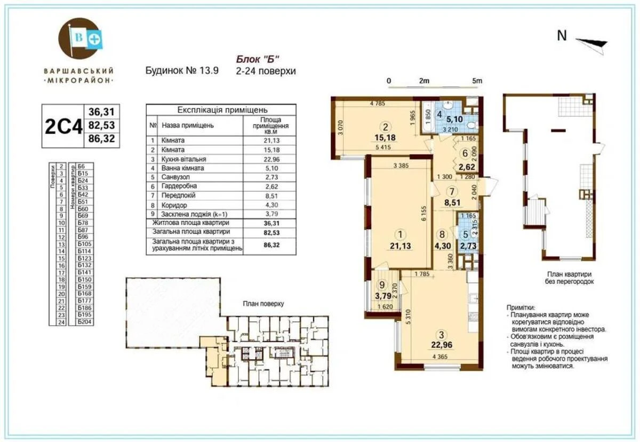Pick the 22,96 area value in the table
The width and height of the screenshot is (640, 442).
270,159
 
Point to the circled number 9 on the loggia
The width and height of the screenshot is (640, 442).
381,285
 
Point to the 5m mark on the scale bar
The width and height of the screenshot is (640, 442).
477,81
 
